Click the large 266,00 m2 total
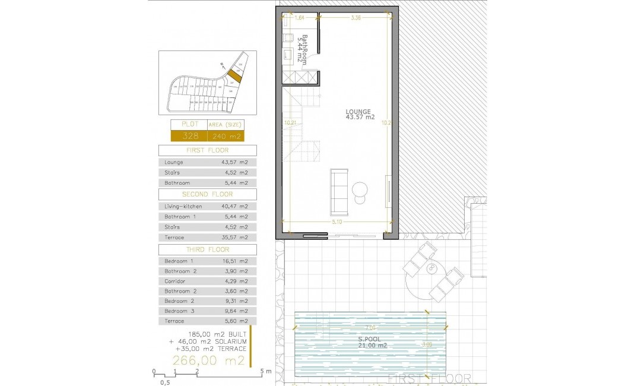[x=208, y=360]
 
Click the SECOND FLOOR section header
[x=207, y=194]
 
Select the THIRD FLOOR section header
[x=207, y=249]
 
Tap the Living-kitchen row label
[x=183, y=206]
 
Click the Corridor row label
[x=175, y=281]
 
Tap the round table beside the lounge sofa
[x=360, y=190]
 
